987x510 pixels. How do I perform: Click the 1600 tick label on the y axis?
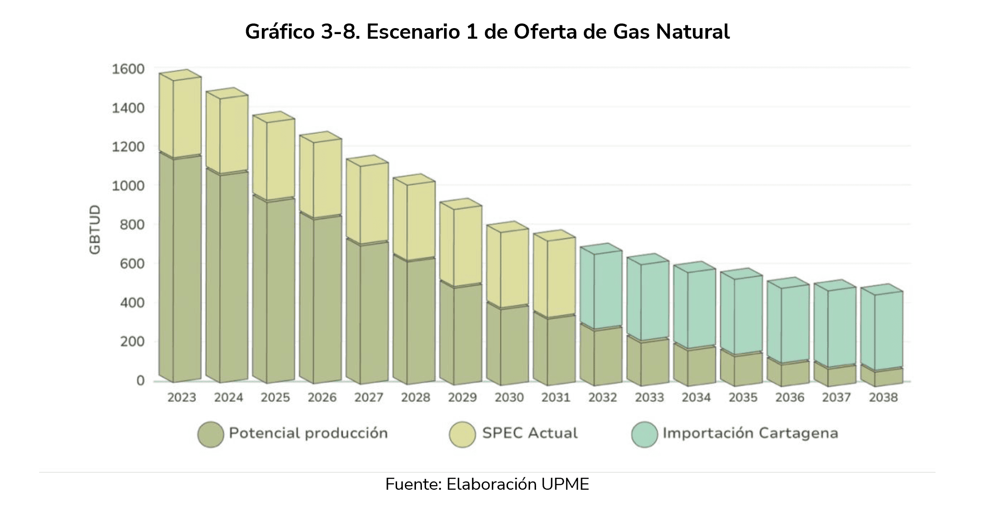128,69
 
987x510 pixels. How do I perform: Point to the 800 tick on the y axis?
133,225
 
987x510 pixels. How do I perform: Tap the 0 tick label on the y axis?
140,381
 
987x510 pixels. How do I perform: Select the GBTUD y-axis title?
95,229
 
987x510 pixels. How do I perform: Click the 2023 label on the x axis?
181,397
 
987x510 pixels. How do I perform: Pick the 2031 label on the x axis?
555,397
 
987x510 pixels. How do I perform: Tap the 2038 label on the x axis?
883,397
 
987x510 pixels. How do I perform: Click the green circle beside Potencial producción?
211,434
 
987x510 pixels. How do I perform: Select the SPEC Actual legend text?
530,433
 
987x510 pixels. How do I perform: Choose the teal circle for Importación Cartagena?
644,434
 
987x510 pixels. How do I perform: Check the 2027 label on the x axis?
369,397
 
